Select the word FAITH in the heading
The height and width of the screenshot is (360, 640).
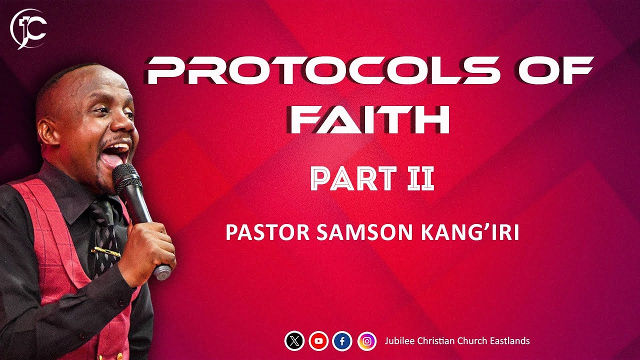(370, 120)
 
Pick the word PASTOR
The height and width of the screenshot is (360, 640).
(263, 233)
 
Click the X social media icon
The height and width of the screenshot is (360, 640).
(294, 341)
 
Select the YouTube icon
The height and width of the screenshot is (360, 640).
(318, 341)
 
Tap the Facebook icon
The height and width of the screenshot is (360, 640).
(342, 341)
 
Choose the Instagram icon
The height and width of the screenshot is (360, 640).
(367, 341)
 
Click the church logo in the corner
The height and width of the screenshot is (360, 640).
(28, 28)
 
